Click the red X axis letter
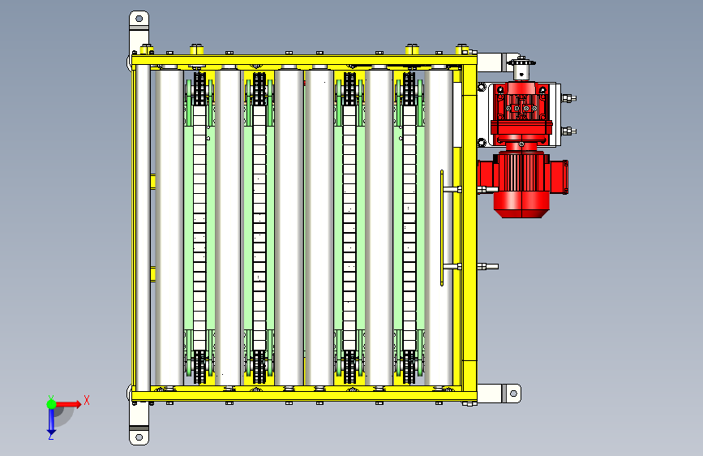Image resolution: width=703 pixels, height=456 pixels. pyautogui.click(x=87, y=400)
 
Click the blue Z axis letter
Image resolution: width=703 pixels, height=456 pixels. pyautogui.click(x=51, y=436)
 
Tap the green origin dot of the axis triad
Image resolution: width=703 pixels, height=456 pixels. pyautogui.click(x=52, y=404)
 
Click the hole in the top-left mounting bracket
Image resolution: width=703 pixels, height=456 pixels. pyautogui.click(x=139, y=19)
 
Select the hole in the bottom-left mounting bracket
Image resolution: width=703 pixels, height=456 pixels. pyautogui.click(x=139, y=437)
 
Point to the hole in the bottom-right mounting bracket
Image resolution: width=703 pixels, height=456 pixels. pyautogui.click(x=513, y=394)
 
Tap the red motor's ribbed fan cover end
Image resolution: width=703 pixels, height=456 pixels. pyautogui.click(x=521, y=208)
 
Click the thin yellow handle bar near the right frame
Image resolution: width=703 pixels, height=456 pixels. pyautogui.click(x=442, y=227)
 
